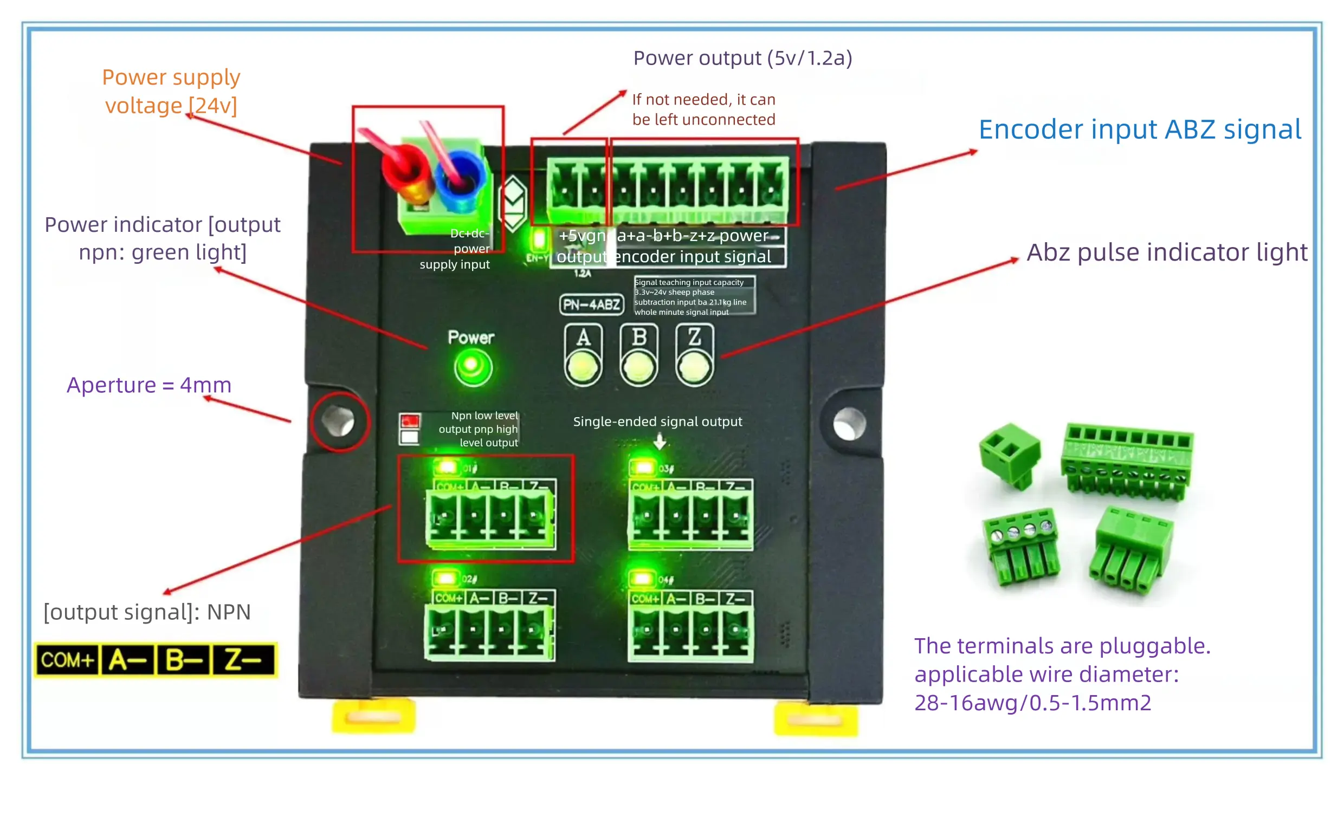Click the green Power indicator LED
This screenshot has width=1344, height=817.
pos(473,367)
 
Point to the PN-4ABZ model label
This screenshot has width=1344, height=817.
pos(591,304)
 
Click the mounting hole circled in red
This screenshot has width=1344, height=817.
pos(339,421)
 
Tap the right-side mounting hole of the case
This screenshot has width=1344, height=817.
pos(849,424)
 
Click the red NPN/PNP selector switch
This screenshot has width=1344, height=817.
pos(410,421)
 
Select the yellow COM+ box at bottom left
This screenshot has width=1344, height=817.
pos(68,660)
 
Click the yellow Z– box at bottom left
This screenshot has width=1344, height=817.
pos(243,660)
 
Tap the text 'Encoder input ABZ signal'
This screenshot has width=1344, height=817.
pos(1140,130)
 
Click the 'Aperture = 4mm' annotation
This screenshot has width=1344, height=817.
pos(149,385)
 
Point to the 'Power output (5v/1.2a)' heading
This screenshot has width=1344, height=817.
pos(742,58)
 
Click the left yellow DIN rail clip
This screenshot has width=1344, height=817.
pos(373,716)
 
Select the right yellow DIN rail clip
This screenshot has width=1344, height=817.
pos(816,719)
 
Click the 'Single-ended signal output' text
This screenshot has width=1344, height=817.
pos(657,422)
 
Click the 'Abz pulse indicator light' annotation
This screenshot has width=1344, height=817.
pos(1167,252)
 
